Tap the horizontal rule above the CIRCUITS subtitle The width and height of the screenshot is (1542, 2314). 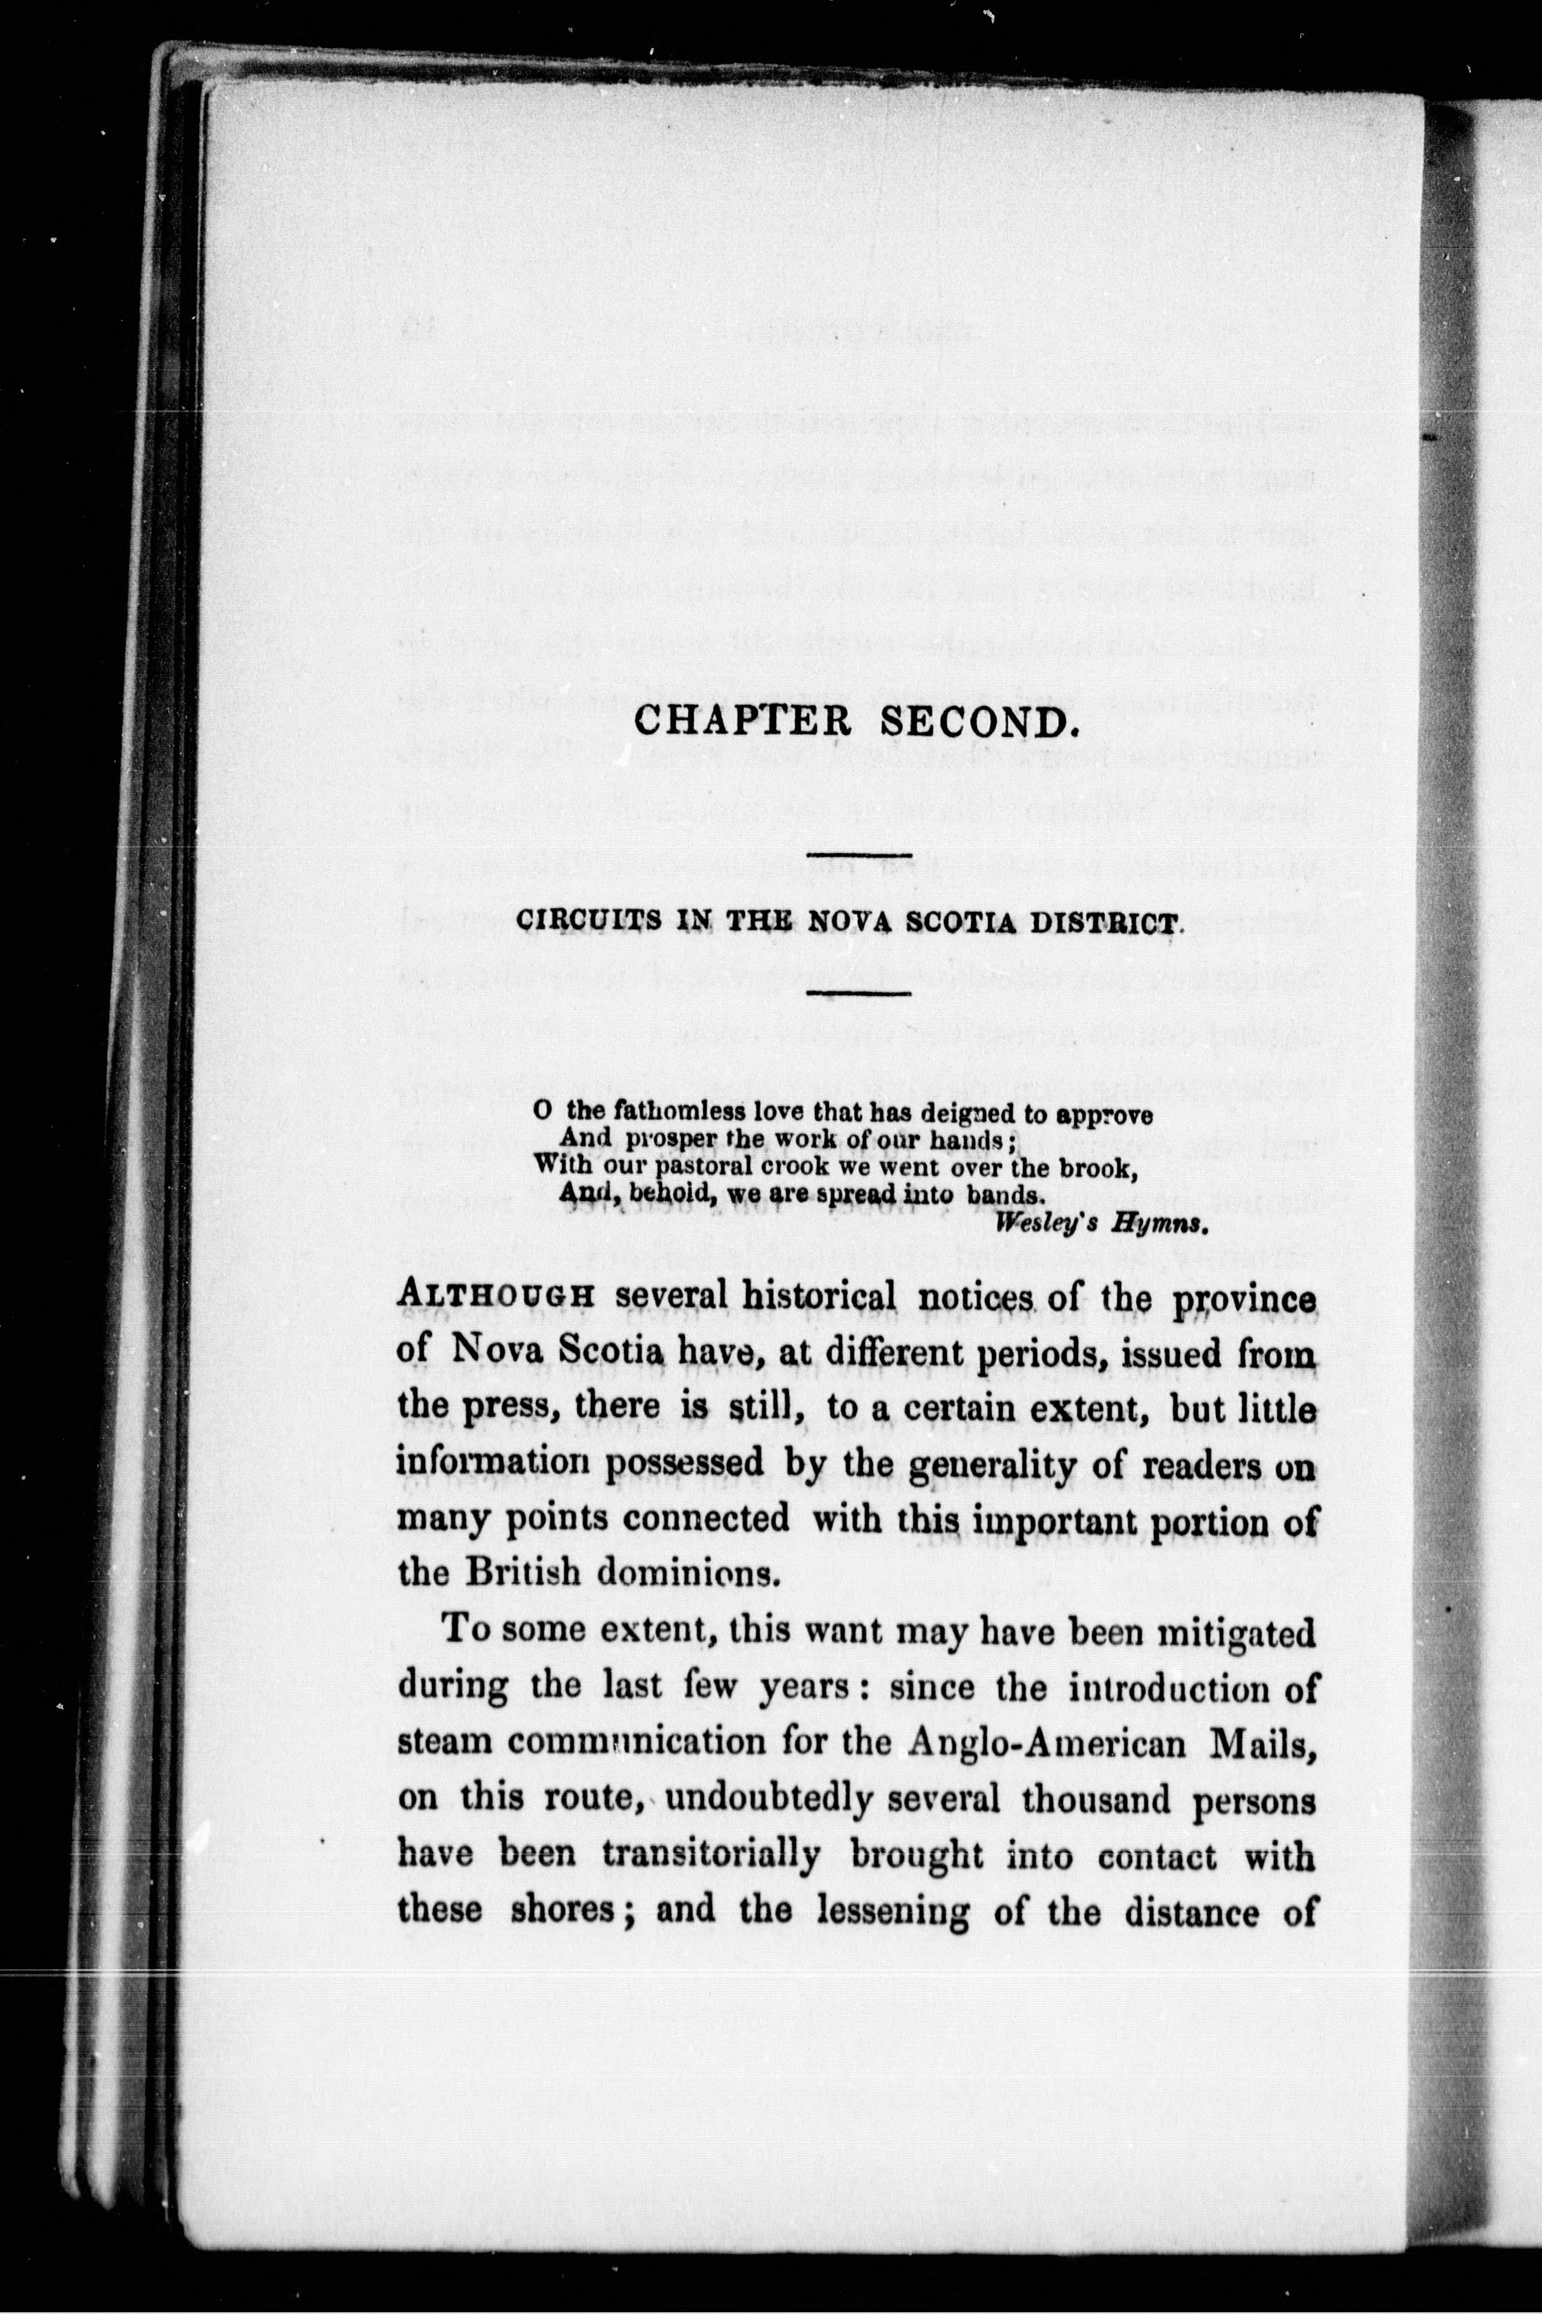click(858, 851)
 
